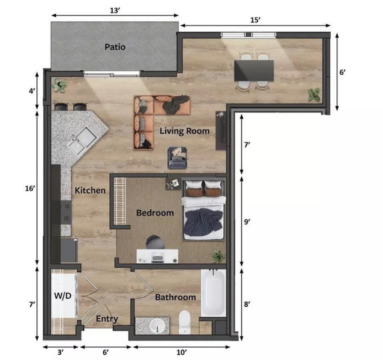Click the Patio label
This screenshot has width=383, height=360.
pyautogui.click(x=115, y=47)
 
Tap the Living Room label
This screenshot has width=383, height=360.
pyautogui.click(x=184, y=131)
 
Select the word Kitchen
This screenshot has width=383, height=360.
pyautogui.click(x=90, y=190)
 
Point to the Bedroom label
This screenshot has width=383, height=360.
pyautogui.click(x=155, y=213)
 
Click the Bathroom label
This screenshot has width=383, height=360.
pyautogui.click(x=175, y=297)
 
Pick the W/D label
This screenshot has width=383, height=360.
pyautogui.click(x=62, y=296)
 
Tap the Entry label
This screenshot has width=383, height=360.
pyautogui.click(x=107, y=319)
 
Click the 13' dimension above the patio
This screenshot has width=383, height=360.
pyautogui.click(x=115, y=10)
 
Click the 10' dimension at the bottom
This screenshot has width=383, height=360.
pyautogui.click(x=182, y=352)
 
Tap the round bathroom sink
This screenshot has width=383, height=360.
pyautogui.click(x=157, y=326)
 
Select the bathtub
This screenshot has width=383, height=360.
pyautogui.click(x=213, y=292)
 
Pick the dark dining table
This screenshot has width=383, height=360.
pyautogui.click(x=254, y=70)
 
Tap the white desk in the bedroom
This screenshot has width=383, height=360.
pyautogui.click(x=157, y=256)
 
